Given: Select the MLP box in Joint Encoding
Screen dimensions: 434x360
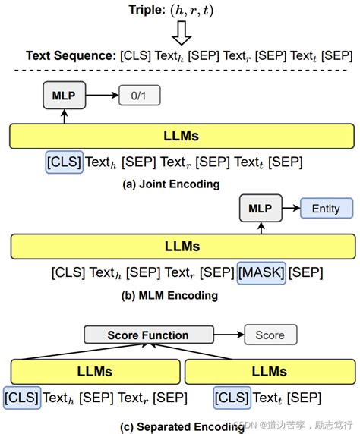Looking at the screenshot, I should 65,96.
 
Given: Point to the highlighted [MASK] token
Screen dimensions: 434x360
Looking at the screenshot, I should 261,271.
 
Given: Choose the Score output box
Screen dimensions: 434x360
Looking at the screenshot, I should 270,335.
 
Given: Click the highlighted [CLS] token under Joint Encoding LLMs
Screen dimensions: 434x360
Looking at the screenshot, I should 64,162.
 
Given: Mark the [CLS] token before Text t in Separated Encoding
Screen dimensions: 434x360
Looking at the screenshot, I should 231,397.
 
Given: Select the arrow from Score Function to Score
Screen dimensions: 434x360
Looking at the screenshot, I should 227,335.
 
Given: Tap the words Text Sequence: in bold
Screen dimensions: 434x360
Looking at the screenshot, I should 71,56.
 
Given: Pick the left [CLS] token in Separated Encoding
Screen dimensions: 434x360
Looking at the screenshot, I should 21,397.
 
